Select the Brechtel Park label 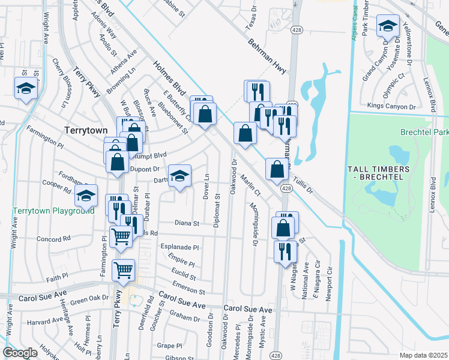(426, 131)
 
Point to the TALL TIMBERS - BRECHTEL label (379, 173)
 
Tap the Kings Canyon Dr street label (391, 107)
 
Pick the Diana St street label (187, 223)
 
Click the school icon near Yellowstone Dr (388, 26)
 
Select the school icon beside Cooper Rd (86, 196)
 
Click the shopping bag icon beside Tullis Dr (276, 170)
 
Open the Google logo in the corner (20, 353)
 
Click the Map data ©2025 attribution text (423, 355)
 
